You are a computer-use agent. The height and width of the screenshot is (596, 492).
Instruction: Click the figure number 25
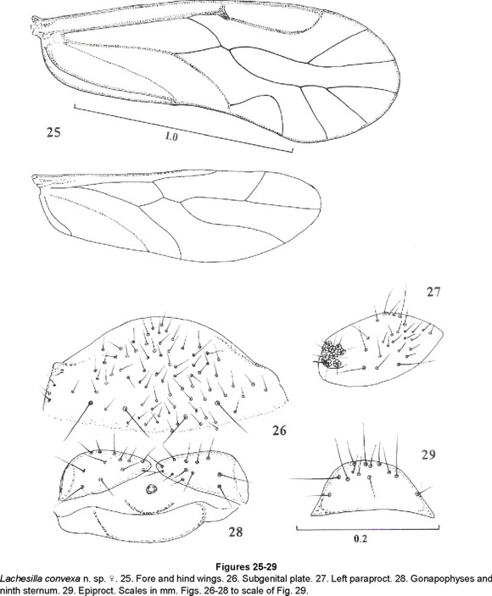53,132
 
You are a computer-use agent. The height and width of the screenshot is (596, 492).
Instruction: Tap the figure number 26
279,431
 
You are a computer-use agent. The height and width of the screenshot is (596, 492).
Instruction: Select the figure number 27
433,292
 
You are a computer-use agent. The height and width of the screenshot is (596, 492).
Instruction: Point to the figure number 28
235,532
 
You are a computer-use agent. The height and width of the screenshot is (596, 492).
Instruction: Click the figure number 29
428,454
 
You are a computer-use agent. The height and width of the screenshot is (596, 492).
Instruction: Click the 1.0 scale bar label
171,136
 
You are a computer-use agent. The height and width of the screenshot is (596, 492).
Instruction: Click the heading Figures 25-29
246,567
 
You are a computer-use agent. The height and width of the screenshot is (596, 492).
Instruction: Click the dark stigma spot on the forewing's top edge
224,14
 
